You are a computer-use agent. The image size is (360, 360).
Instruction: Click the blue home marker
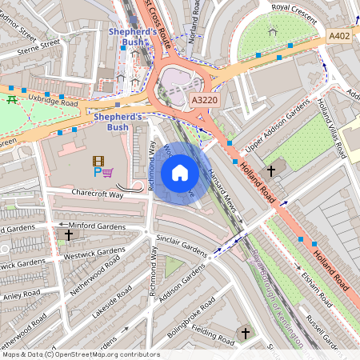pos(180,173)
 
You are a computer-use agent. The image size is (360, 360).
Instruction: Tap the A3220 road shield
pos(206,100)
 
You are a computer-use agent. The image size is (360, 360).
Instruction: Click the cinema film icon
pos(98,161)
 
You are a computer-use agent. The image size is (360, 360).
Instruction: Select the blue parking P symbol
pos(98,172)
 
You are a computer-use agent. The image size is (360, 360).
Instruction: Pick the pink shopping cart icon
pos(107,172)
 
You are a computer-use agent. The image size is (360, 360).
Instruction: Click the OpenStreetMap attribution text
pos(80,354)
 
